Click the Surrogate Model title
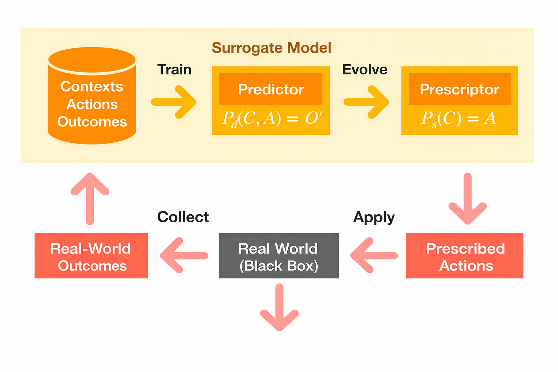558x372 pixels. (271, 48)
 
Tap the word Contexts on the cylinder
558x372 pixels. (92, 87)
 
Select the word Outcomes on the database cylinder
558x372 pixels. (92, 122)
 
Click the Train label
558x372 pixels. (174, 69)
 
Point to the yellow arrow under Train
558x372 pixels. (174, 102)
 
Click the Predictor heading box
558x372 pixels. (271, 89)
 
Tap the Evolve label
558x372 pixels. (365, 69)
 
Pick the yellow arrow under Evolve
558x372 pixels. (366, 102)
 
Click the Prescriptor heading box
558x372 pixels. (459, 89)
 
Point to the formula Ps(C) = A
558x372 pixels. (458, 118)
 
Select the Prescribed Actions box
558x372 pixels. (465, 256)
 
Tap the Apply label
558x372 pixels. (374, 217)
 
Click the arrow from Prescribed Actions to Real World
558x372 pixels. (374, 255)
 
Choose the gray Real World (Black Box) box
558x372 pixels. (279, 256)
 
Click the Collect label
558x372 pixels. (183, 217)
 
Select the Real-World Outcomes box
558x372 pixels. (91, 256)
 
